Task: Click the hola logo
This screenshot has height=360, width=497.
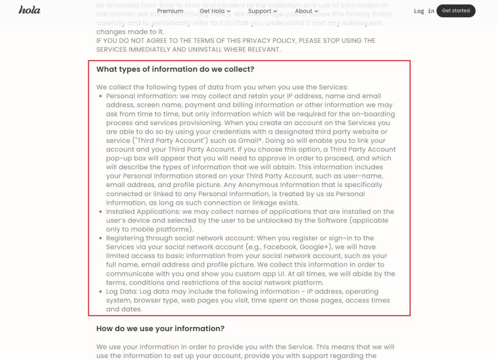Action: point(29,10)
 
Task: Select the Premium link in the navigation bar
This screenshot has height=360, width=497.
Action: point(170,11)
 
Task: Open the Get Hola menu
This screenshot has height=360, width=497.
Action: point(215,11)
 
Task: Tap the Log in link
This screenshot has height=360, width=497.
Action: point(424,11)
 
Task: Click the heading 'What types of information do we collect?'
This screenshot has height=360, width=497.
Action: point(175,69)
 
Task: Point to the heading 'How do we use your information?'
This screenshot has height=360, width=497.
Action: point(161,328)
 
